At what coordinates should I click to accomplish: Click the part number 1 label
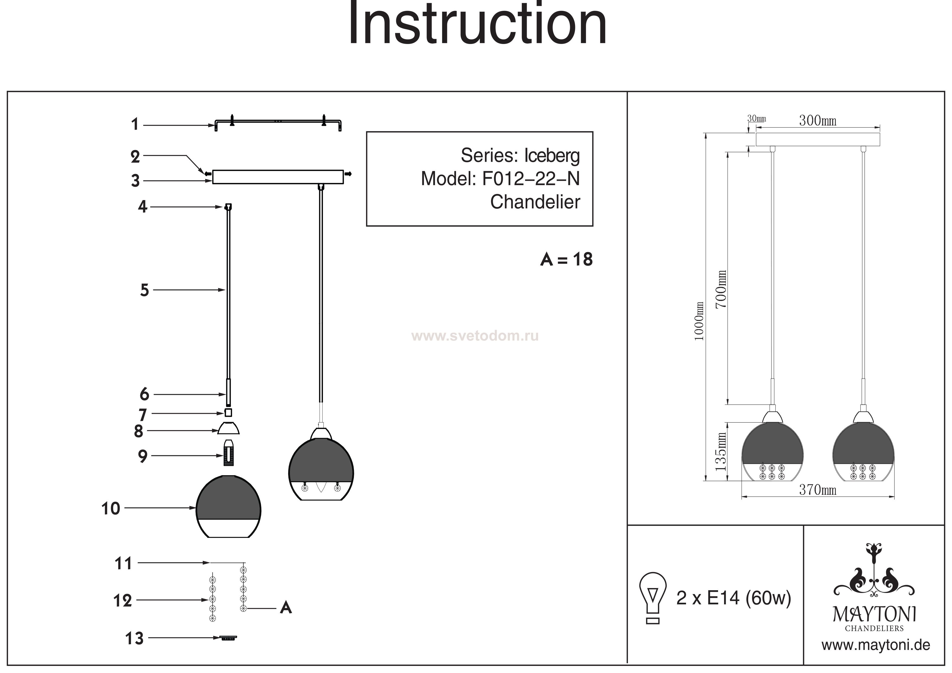[x=135, y=124]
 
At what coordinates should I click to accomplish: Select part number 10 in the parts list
[x=111, y=508]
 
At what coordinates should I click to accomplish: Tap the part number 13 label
[x=134, y=639]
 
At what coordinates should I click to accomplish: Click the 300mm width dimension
[x=818, y=121]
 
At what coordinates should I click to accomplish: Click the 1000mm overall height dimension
[x=699, y=321]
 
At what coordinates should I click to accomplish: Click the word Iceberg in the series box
[x=552, y=156]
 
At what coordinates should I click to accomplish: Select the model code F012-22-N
[x=531, y=179]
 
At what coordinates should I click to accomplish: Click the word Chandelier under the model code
[x=535, y=202]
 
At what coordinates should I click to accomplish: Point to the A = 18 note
[x=566, y=260]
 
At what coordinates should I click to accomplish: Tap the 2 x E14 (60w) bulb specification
[x=734, y=598]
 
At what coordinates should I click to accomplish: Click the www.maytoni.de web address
[x=876, y=646]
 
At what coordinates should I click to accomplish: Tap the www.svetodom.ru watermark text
[x=475, y=336]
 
